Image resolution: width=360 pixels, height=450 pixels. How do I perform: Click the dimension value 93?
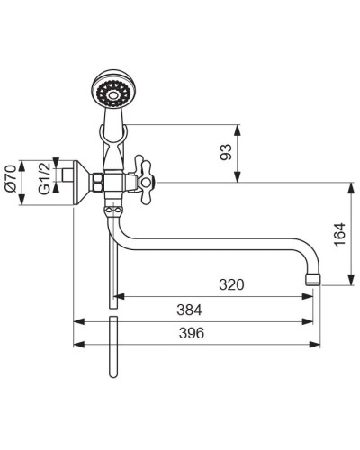[x=226, y=152]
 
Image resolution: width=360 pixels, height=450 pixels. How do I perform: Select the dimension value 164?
[x=340, y=235]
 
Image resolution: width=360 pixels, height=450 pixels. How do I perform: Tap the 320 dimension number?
[x=231, y=284]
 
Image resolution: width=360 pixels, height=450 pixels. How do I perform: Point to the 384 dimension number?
[x=189, y=310]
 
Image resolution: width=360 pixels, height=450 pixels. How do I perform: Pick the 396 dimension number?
[x=192, y=333]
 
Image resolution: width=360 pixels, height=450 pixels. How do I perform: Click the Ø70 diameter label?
[x=11, y=178]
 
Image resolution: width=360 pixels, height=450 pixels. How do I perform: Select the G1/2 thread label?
[x=44, y=179]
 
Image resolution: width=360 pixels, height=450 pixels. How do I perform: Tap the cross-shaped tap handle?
[x=142, y=180]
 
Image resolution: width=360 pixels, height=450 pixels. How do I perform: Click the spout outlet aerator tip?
[x=313, y=279]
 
